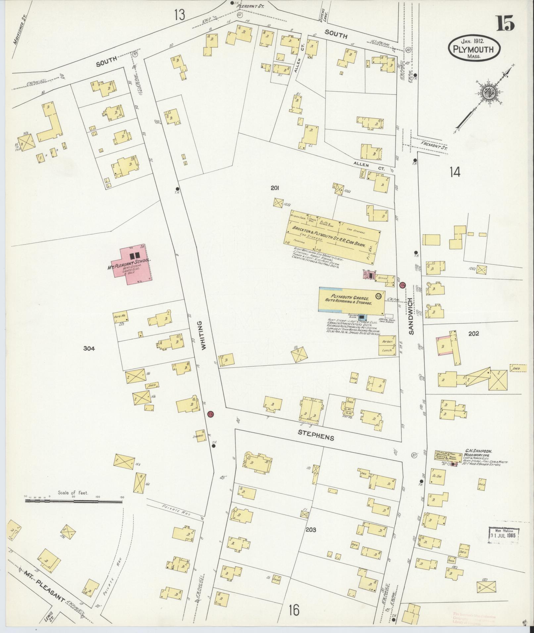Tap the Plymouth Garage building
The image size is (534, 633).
click(x=351, y=300)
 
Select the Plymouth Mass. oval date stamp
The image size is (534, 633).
click(x=474, y=48)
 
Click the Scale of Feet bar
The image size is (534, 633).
click(x=73, y=511)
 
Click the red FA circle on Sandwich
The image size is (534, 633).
click(x=403, y=285)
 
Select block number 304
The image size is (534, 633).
click(x=89, y=348)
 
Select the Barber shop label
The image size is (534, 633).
click(x=387, y=341)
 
